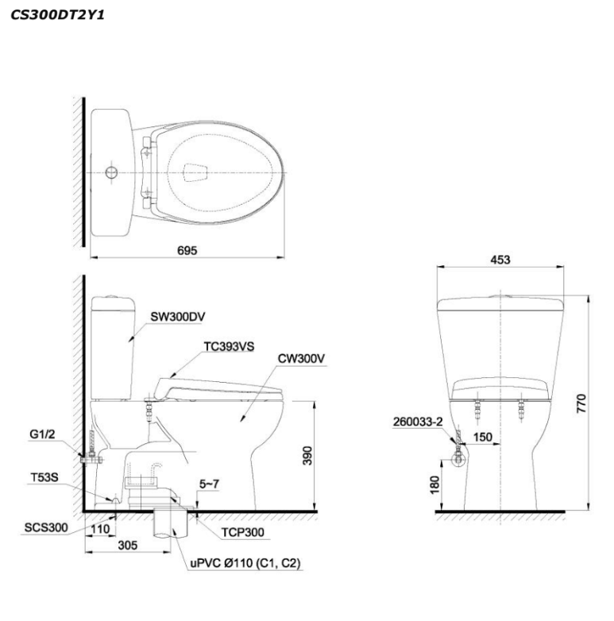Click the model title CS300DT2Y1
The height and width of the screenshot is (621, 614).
(x=57, y=15)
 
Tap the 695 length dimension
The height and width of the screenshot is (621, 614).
(x=187, y=250)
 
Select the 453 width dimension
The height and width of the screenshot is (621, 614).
(x=500, y=260)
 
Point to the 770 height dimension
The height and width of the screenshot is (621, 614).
(x=581, y=403)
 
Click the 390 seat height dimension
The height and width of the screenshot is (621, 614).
(x=307, y=456)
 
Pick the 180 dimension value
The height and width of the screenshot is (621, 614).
(x=434, y=484)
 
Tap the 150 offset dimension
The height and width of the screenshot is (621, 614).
(x=483, y=437)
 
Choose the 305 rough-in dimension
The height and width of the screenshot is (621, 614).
(x=128, y=546)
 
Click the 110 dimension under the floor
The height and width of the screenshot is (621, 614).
(x=100, y=529)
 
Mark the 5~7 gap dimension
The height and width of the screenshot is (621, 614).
(x=209, y=484)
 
